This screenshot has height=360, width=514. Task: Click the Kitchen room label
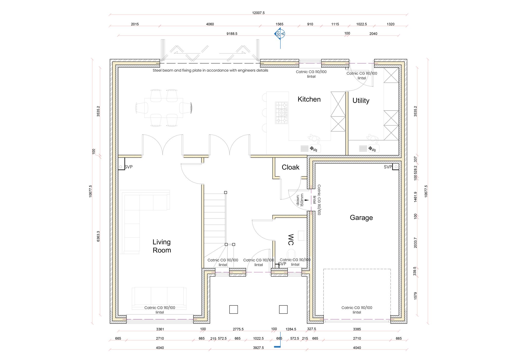point(309,99)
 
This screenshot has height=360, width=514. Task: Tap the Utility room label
point(361,101)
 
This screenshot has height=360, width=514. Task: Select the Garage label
point(361,218)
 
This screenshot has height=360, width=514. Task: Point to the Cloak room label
point(290,167)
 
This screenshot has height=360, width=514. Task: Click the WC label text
point(290,239)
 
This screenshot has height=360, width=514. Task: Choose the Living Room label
point(162,246)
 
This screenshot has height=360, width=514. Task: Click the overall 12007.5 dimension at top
point(258,13)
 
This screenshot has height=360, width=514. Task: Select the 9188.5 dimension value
point(232,34)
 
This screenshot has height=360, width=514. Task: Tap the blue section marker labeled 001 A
point(280,33)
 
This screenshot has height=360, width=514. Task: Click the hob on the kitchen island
point(282,113)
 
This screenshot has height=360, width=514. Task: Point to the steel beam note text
point(210,70)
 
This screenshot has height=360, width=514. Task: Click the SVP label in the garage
point(388,167)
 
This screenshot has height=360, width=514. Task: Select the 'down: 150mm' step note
point(300,200)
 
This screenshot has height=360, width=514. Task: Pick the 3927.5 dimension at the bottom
point(258,348)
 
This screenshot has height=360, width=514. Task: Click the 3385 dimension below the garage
point(357,329)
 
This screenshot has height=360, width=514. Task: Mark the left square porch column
point(233,309)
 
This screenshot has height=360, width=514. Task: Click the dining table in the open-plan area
point(163,108)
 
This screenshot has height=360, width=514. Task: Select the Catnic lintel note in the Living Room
point(160,310)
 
